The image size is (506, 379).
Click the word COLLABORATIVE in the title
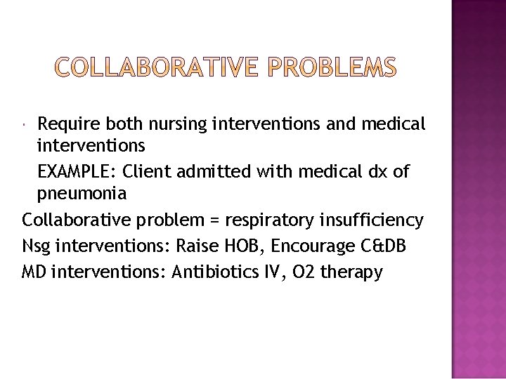160,68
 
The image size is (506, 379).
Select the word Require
67,124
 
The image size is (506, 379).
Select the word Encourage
322,246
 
